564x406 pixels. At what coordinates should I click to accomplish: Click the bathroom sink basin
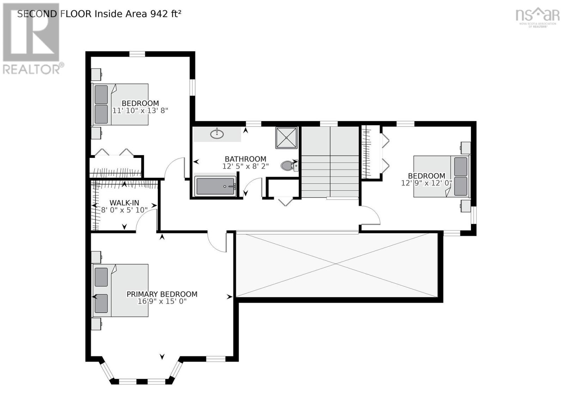coord(217,134)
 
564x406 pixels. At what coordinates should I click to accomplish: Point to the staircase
coord(330,162)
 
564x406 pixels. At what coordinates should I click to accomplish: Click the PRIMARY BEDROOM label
coord(162,294)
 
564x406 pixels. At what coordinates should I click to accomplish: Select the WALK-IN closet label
coord(124,203)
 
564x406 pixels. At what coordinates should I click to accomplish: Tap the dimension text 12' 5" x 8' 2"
coord(245,166)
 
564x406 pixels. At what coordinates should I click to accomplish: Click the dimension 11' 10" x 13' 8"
coord(140,110)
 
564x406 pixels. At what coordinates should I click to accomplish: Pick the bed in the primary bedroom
coord(121,290)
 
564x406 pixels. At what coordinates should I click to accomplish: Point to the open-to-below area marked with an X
coord(337,264)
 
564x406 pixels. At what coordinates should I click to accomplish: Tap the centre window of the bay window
coord(142,381)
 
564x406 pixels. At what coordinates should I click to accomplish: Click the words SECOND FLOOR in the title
coord(54,14)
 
